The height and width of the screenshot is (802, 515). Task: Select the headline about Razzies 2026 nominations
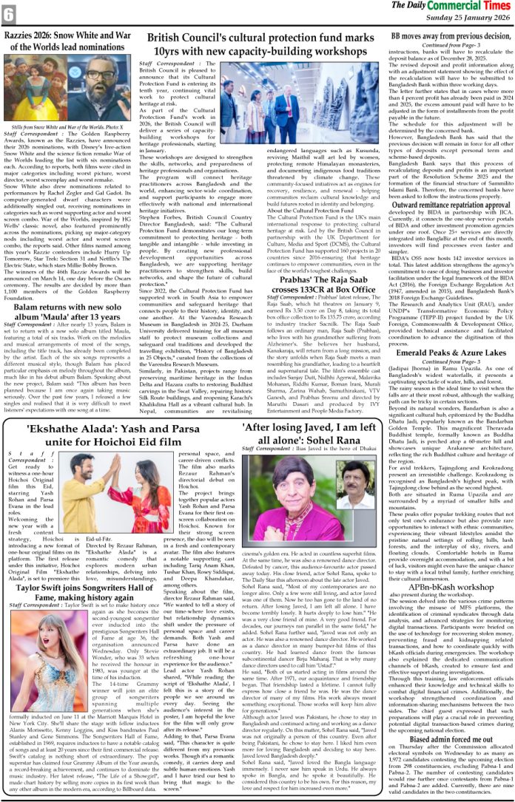click(66, 41)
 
